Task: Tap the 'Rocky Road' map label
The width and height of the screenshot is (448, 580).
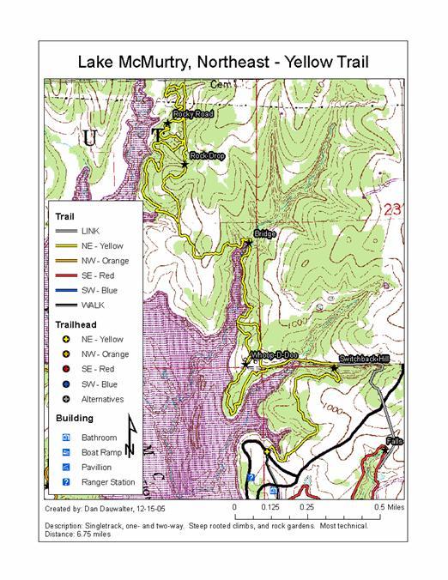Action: [192, 113]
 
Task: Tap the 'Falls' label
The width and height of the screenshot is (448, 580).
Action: [394, 440]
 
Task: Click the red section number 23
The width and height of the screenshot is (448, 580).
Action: [393, 209]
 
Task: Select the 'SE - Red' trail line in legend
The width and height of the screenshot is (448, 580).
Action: [65, 276]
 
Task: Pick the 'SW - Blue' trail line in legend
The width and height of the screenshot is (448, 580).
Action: [65, 291]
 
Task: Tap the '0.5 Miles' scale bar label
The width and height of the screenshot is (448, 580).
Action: [390, 507]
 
